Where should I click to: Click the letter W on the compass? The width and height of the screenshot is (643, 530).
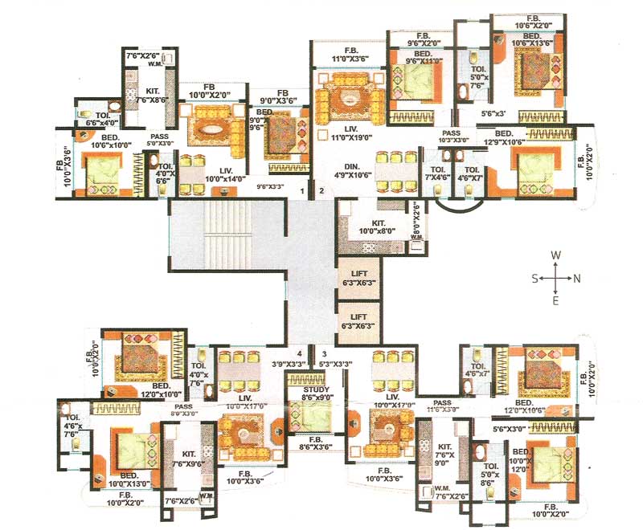pyautogui.click(x=555, y=255)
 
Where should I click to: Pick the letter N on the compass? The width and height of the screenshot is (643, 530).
pyautogui.click(x=577, y=278)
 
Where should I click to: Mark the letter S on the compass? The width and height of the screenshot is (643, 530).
pyautogui.click(x=534, y=278)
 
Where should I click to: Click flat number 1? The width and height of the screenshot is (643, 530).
pyautogui.click(x=302, y=191)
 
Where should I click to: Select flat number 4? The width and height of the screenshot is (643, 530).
pyautogui.click(x=299, y=353)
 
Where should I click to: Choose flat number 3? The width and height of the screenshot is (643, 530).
pyautogui.click(x=323, y=353)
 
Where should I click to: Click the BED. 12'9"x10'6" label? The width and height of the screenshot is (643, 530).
pyautogui.click(x=504, y=137)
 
